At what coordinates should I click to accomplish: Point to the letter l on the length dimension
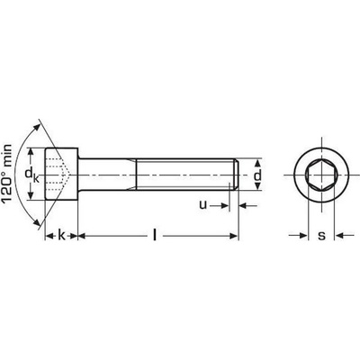point(155,236)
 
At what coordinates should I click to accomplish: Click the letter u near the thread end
point(202,205)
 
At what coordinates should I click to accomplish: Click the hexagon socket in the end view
point(321,172)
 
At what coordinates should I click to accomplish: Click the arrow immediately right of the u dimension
point(244,205)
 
